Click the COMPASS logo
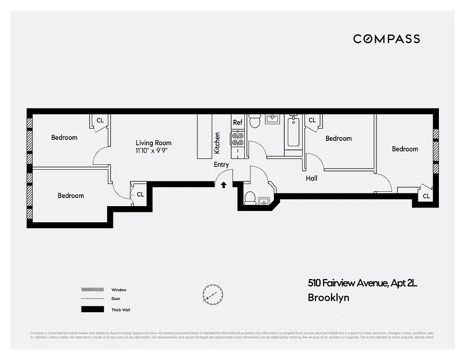(x=386, y=39)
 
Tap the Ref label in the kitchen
(x=237, y=122)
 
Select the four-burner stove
(x=237, y=139)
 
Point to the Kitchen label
(x=217, y=143)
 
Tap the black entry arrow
(x=224, y=184)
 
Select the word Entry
(x=221, y=165)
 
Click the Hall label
(x=312, y=178)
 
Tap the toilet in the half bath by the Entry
(x=250, y=198)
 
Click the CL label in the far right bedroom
(x=426, y=196)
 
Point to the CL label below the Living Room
(x=140, y=194)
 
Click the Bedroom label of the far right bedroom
(x=405, y=149)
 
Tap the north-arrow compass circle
(x=212, y=295)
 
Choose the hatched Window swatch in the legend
(x=92, y=290)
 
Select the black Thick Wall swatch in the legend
(x=92, y=310)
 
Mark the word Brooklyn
(x=328, y=297)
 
